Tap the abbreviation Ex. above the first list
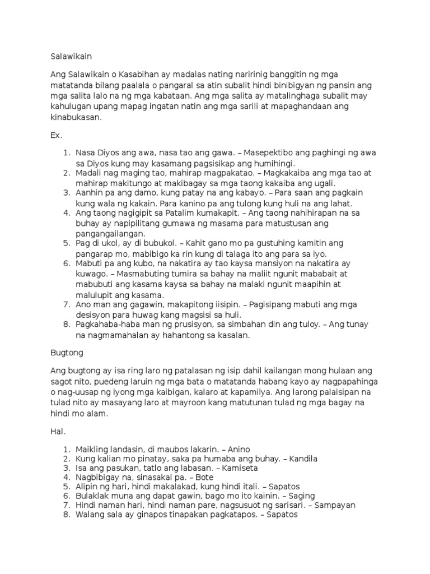click(57, 136)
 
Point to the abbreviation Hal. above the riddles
click(57, 433)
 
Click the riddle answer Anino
click(239, 449)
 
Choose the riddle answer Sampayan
click(336, 505)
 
